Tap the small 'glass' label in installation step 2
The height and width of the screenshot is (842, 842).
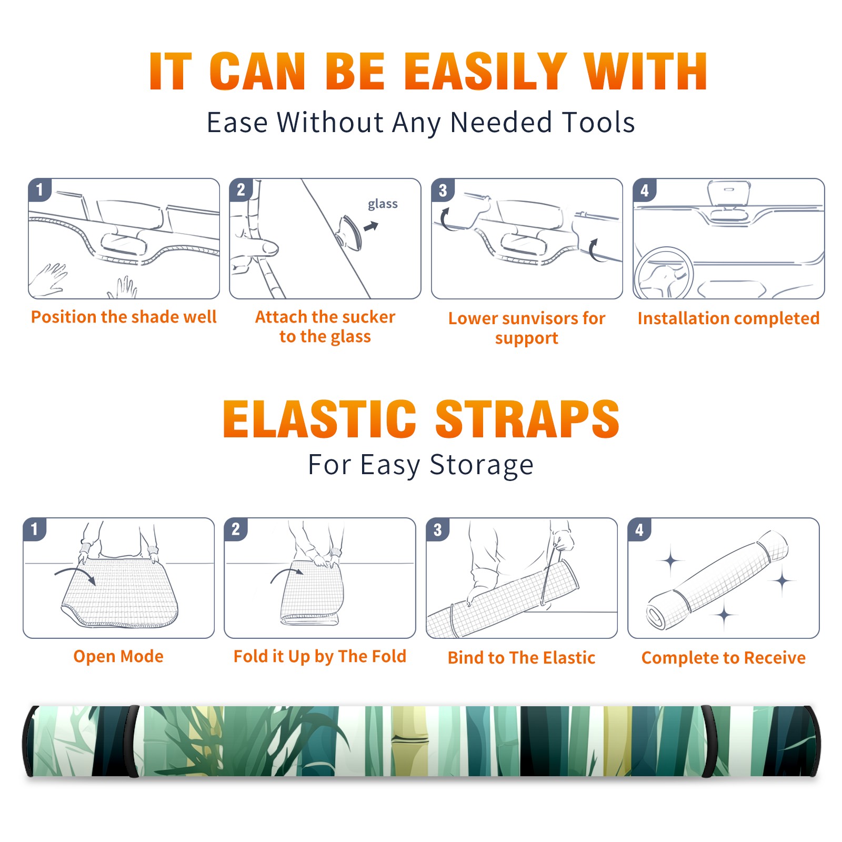[x=383, y=204]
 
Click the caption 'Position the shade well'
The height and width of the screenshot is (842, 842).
[x=124, y=317]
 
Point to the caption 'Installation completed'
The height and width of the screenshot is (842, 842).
[x=728, y=318]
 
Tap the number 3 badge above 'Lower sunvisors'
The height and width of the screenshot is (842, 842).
[x=443, y=191]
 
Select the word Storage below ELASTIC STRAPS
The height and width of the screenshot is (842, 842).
[x=482, y=465]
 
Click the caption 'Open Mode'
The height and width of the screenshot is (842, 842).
[x=118, y=656]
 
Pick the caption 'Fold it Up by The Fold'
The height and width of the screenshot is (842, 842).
[x=320, y=656]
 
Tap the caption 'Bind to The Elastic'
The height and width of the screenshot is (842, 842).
[x=522, y=658]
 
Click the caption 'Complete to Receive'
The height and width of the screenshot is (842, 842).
[x=724, y=658]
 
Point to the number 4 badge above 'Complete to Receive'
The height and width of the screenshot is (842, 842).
[x=639, y=529]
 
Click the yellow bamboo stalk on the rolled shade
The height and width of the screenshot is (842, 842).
[x=408, y=741]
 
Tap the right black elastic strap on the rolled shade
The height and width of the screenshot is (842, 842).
[x=709, y=741]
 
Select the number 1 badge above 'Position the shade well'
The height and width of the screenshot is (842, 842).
[x=39, y=189]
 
